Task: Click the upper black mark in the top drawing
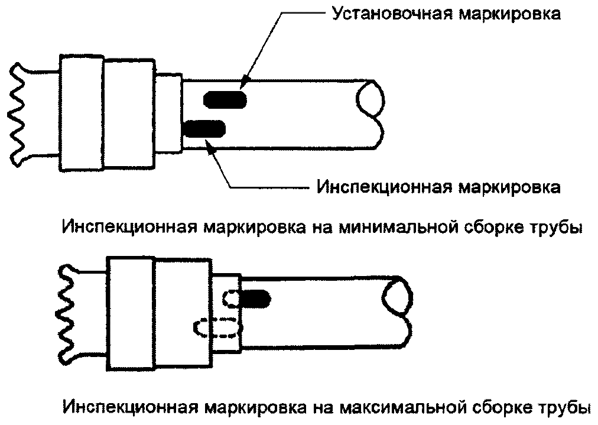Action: tap(225, 99)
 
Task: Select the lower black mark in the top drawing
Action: tap(204, 128)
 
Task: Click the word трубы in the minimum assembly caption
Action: tap(557, 227)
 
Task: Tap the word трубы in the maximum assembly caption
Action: tap(564, 407)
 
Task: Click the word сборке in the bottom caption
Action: tap(499, 407)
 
